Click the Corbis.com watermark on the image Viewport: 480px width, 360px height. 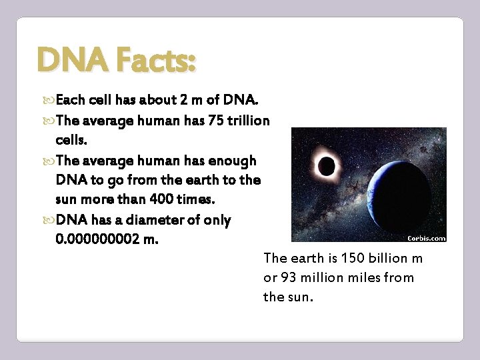pyautogui.click(x=426, y=237)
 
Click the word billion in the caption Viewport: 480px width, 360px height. pyautogui.click(x=386, y=259)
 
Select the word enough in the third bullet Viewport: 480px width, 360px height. pyautogui.click(x=232, y=161)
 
